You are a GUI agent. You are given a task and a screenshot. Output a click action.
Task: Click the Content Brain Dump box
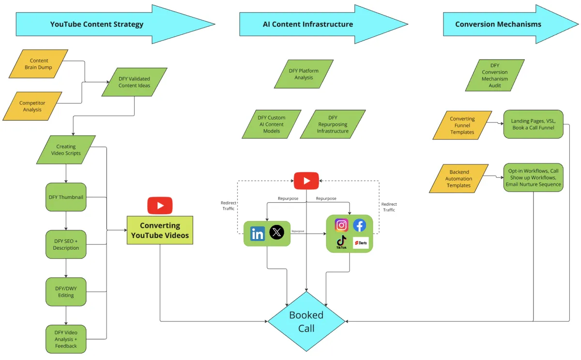click(x=39, y=64)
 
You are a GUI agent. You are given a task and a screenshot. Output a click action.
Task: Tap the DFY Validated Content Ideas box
click(x=134, y=82)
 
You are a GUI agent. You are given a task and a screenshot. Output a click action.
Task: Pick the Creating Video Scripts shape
click(x=66, y=150)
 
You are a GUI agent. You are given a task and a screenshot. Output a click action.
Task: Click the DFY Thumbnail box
click(x=66, y=197)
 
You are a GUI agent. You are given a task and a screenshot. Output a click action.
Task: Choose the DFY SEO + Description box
click(x=66, y=244)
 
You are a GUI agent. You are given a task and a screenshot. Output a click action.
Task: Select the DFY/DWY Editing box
click(x=66, y=292)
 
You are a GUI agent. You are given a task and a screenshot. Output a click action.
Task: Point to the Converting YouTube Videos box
click(x=160, y=230)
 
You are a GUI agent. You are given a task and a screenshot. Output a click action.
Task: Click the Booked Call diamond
click(x=306, y=322)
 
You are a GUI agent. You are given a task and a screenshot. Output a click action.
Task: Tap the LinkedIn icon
click(x=258, y=234)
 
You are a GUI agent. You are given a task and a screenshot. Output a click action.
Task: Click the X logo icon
click(x=276, y=233)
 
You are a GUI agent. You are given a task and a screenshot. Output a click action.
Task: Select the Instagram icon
click(x=342, y=225)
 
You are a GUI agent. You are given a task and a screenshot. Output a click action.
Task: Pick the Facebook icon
click(x=359, y=225)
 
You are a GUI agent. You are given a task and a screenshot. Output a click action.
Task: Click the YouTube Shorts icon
click(x=360, y=242)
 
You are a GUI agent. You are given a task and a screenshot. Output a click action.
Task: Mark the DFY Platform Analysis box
click(x=304, y=74)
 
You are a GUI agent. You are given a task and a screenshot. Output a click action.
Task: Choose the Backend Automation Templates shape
click(x=459, y=179)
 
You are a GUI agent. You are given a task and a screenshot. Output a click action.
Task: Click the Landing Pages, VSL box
click(x=533, y=124)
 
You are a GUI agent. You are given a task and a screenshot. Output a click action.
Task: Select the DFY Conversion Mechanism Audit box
click(x=494, y=75)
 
